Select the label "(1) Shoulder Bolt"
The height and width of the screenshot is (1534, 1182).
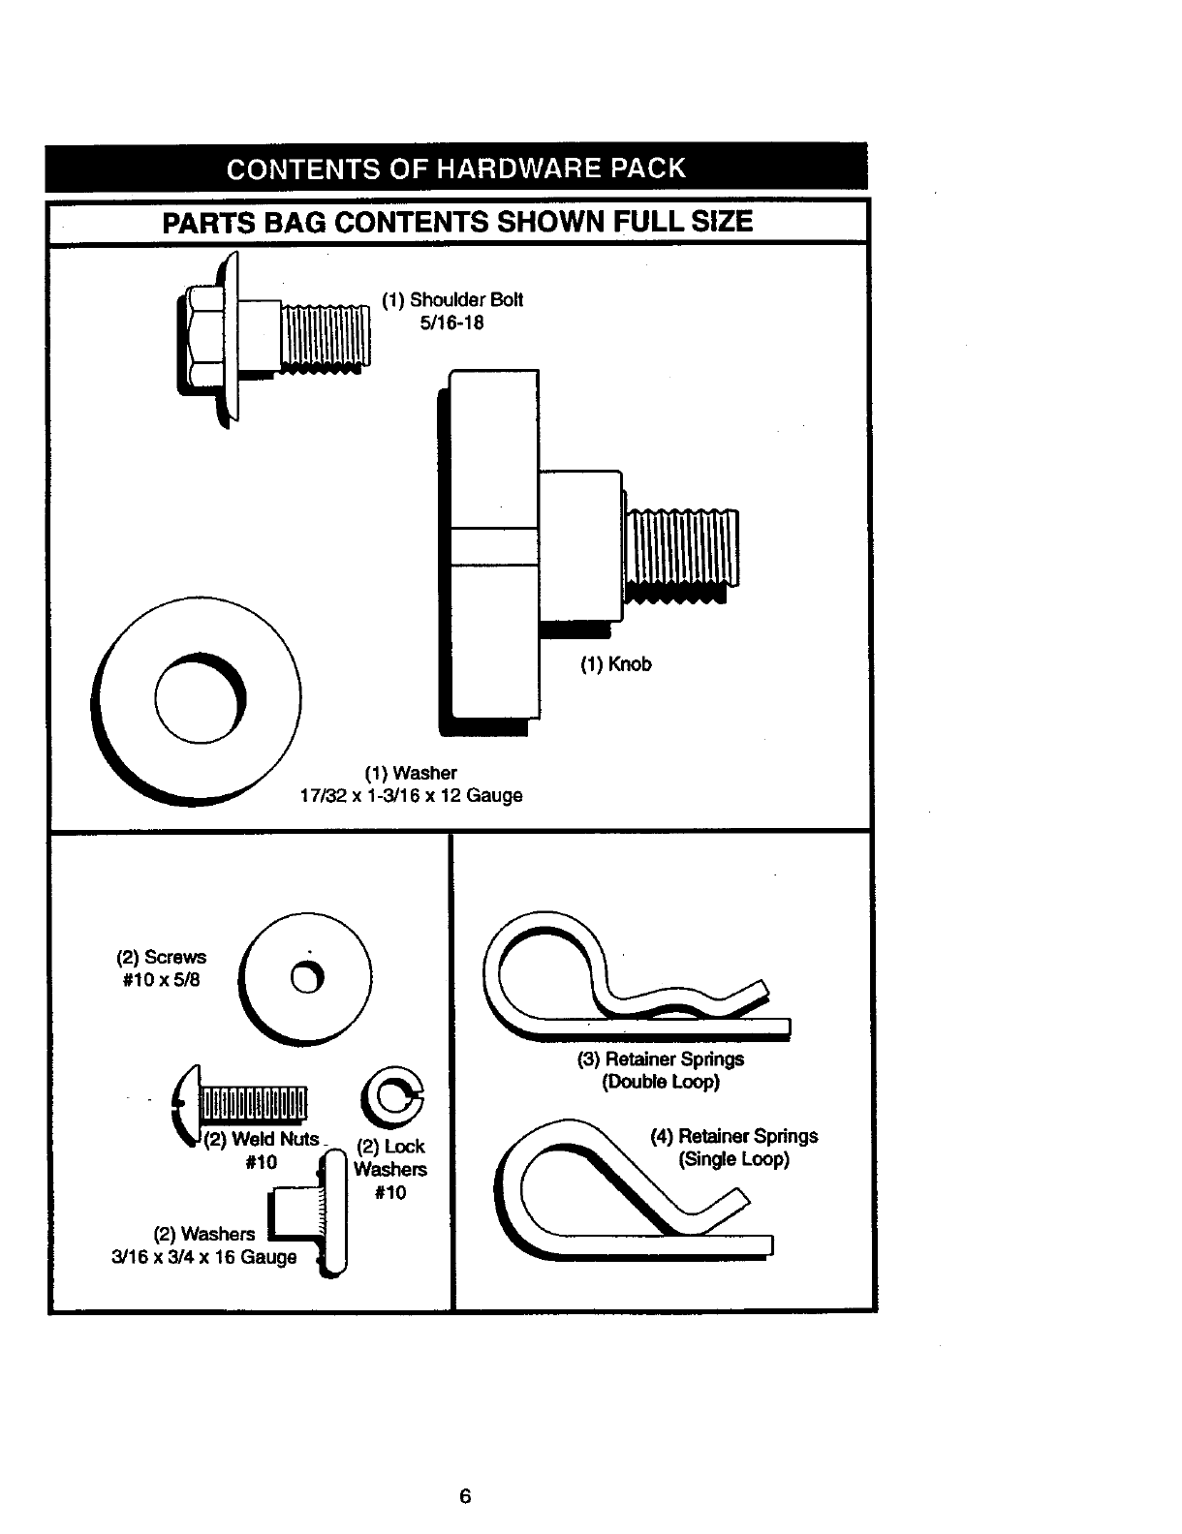[452, 300]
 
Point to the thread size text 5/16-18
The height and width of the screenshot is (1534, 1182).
[452, 322]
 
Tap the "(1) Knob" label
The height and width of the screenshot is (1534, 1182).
[616, 664]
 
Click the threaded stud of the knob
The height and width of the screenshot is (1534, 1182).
[681, 548]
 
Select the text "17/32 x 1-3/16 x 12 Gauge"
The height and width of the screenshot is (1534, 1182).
[412, 796]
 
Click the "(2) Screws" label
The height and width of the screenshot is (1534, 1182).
[162, 957]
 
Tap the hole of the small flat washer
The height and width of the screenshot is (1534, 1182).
[306, 980]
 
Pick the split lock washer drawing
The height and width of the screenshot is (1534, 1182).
[393, 1097]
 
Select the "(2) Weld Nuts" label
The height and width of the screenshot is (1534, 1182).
[262, 1140]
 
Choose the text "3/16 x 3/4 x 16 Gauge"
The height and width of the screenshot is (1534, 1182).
[204, 1257]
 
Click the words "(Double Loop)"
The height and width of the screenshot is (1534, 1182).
[661, 1082]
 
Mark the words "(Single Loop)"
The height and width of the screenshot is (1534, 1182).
[734, 1159]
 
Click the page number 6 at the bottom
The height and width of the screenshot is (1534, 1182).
[465, 1495]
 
